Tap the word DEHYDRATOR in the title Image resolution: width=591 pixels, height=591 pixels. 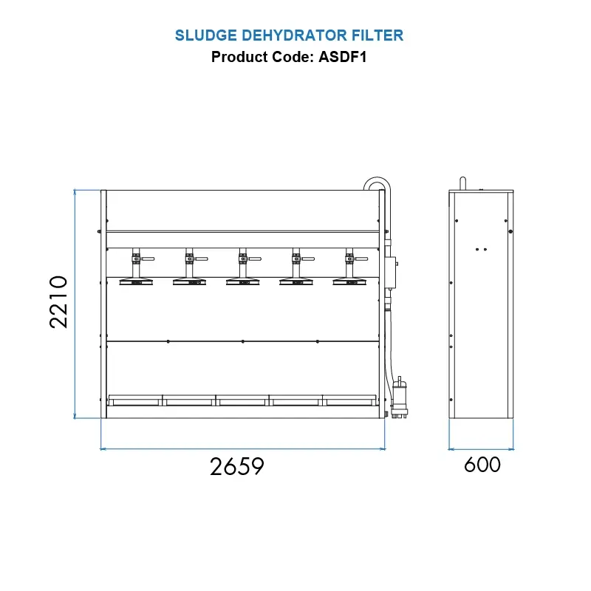coord(294,35)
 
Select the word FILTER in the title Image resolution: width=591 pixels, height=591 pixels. coord(378,35)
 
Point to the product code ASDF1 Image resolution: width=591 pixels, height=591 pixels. coord(342,57)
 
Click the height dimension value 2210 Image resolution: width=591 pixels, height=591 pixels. coord(59,302)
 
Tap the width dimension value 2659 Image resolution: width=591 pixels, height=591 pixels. coord(236,467)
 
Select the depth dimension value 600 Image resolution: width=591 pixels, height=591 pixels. coord(482,465)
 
